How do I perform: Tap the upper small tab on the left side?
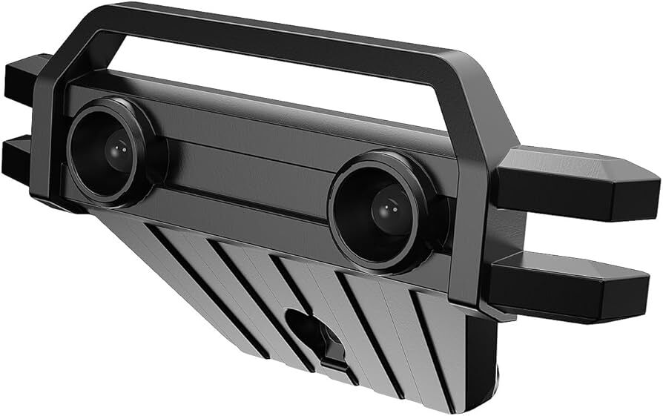coord(21,78)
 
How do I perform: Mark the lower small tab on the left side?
coord(16,156)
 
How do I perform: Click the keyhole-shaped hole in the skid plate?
coord(311,334)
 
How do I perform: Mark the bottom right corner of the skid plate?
coord(467,404)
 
